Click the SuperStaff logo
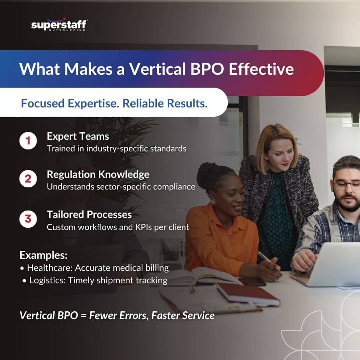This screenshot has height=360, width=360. click(x=59, y=25)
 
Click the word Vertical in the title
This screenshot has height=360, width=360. click(x=157, y=69)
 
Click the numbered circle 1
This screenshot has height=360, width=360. click(x=28, y=141)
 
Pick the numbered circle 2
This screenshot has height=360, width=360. click(x=28, y=179)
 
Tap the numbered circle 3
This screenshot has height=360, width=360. click(x=28, y=219)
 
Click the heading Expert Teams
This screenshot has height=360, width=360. click(x=78, y=136)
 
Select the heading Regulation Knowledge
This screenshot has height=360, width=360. click(x=98, y=174)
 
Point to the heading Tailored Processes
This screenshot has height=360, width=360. click(x=89, y=214)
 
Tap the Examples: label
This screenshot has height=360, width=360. click(x=43, y=255)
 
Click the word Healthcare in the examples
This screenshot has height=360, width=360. click(x=49, y=268)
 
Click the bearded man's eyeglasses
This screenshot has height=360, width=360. click(x=346, y=185)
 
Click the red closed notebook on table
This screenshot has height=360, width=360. click(x=248, y=294)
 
